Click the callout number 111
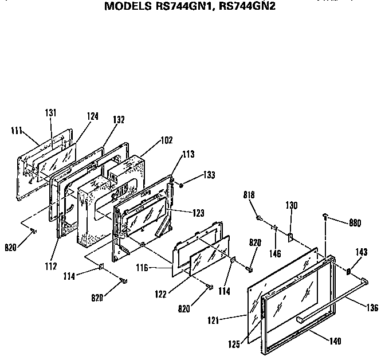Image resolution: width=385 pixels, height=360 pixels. click(x=17, y=131)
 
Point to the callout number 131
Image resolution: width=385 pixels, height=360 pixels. click(x=50, y=113)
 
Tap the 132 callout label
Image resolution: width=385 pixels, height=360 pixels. click(x=119, y=120)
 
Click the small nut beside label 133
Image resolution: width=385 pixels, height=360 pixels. click(x=181, y=184)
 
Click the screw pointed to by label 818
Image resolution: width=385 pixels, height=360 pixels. click(x=259, y=218)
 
